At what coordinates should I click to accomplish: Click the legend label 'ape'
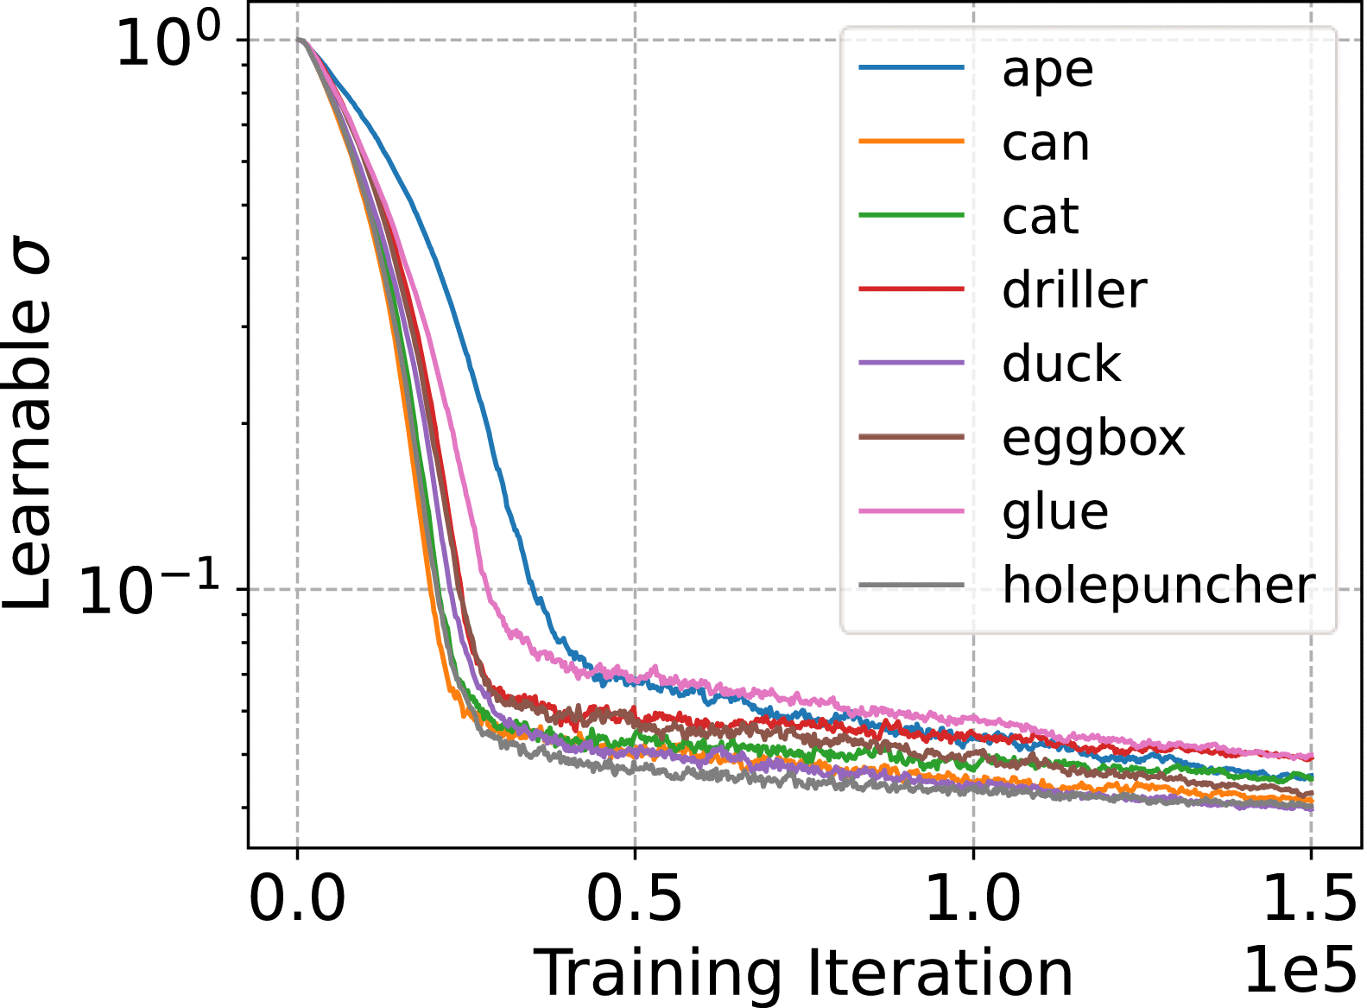[x=1047, y=69]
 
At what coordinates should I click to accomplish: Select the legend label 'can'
[x=1045, y=143]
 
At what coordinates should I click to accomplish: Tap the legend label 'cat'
[x=1040, y=216]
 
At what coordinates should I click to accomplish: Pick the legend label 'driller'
[x=1074, y=289]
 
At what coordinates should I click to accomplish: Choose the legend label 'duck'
[x=1060, y=364]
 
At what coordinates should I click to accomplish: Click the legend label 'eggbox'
[x=1093, y=439]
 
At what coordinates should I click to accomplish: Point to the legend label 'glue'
[x=1054, y=511]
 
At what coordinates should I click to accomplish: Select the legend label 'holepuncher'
[x=1158, y=586]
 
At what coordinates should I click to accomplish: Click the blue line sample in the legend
[x=911, y=67]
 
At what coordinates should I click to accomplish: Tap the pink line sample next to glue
[x=911, y=511]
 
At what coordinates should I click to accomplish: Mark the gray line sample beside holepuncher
[x=911, y=586]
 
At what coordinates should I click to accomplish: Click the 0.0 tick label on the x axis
[x=297, y=898]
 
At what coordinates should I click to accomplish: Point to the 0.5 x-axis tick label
[x=635, y=898]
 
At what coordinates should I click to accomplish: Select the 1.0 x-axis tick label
[x=973, y=898]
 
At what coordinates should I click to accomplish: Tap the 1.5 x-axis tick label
[x=1309, y=898]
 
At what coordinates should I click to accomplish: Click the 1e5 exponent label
[x=1300, y=969]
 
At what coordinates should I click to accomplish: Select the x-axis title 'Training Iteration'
[x=803, y=974]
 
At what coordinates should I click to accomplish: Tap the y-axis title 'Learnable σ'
[x=28, y=428]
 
